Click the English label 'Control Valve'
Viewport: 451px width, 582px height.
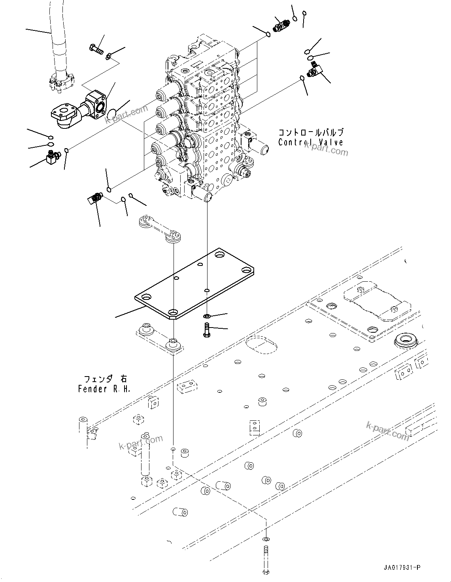310,143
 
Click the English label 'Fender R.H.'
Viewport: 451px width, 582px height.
104,389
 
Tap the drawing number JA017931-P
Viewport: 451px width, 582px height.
401,568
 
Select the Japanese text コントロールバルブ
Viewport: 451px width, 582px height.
311,133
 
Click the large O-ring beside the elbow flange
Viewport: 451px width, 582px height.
112,114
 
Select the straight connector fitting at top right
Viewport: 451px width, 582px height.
281,26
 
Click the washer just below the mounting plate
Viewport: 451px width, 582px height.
207,316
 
